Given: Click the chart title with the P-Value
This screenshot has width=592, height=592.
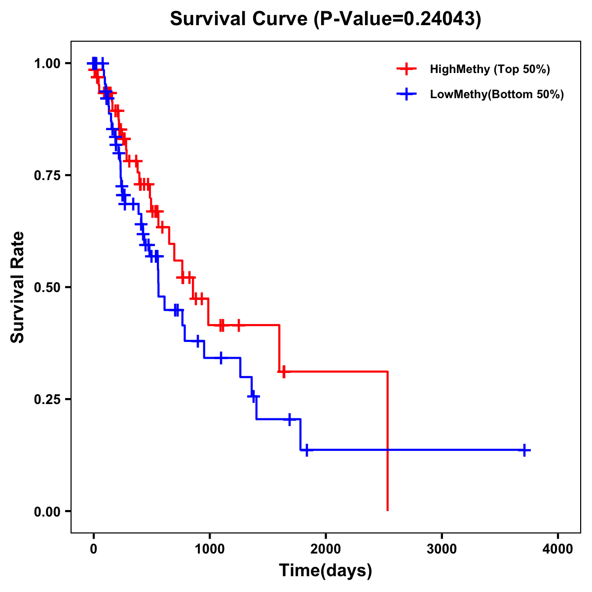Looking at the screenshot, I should (326, 19).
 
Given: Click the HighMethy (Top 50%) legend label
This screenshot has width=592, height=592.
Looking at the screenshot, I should (490, 69).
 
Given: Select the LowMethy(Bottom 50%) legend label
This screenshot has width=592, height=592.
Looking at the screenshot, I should (497, 94).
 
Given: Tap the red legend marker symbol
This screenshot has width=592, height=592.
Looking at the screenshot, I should (406, 69).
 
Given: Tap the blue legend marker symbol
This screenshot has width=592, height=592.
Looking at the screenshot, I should (406, 94).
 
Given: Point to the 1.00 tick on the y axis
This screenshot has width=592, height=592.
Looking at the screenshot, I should (47, 64).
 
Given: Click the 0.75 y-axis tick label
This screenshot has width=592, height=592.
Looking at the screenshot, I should (47, 176).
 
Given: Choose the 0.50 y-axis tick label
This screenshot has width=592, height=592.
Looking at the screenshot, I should (47, 288).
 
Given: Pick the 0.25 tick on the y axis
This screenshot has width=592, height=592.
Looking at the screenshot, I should (47, 400).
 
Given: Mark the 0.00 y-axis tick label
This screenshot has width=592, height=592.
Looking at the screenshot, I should (47, 512).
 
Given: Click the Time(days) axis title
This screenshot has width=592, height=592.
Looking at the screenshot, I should (326, 571).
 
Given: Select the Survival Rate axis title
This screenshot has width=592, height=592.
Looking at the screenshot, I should (18, 287).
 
